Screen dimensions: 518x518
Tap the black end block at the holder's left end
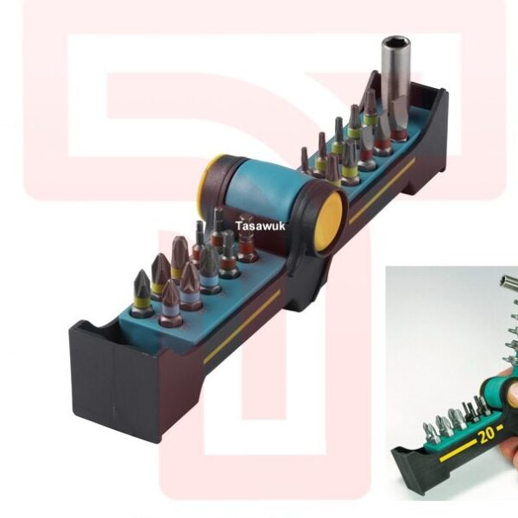tap(112, 380)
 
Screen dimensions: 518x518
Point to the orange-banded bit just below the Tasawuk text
tap(248, 246)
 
